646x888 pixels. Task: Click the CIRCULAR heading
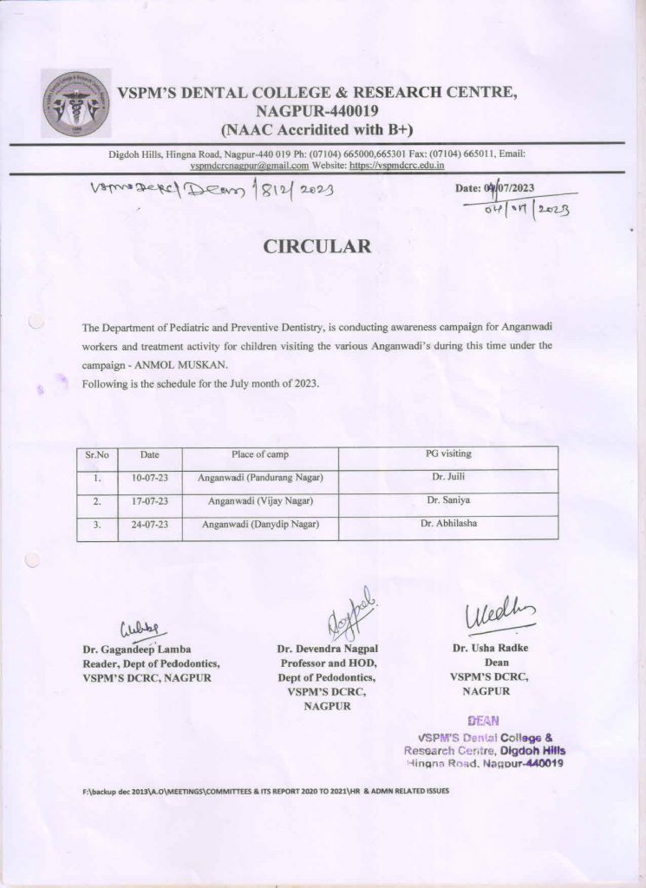coord(317,246)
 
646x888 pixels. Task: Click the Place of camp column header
coord(260,454)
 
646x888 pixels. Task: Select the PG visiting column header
coord(447,454)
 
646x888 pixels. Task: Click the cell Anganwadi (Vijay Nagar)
coord(260,501)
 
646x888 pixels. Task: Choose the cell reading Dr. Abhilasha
coord(447,524)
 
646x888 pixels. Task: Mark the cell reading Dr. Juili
coord(447,477)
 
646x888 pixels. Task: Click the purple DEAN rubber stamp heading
coord(479,720)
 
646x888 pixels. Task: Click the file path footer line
coord(265,793)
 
